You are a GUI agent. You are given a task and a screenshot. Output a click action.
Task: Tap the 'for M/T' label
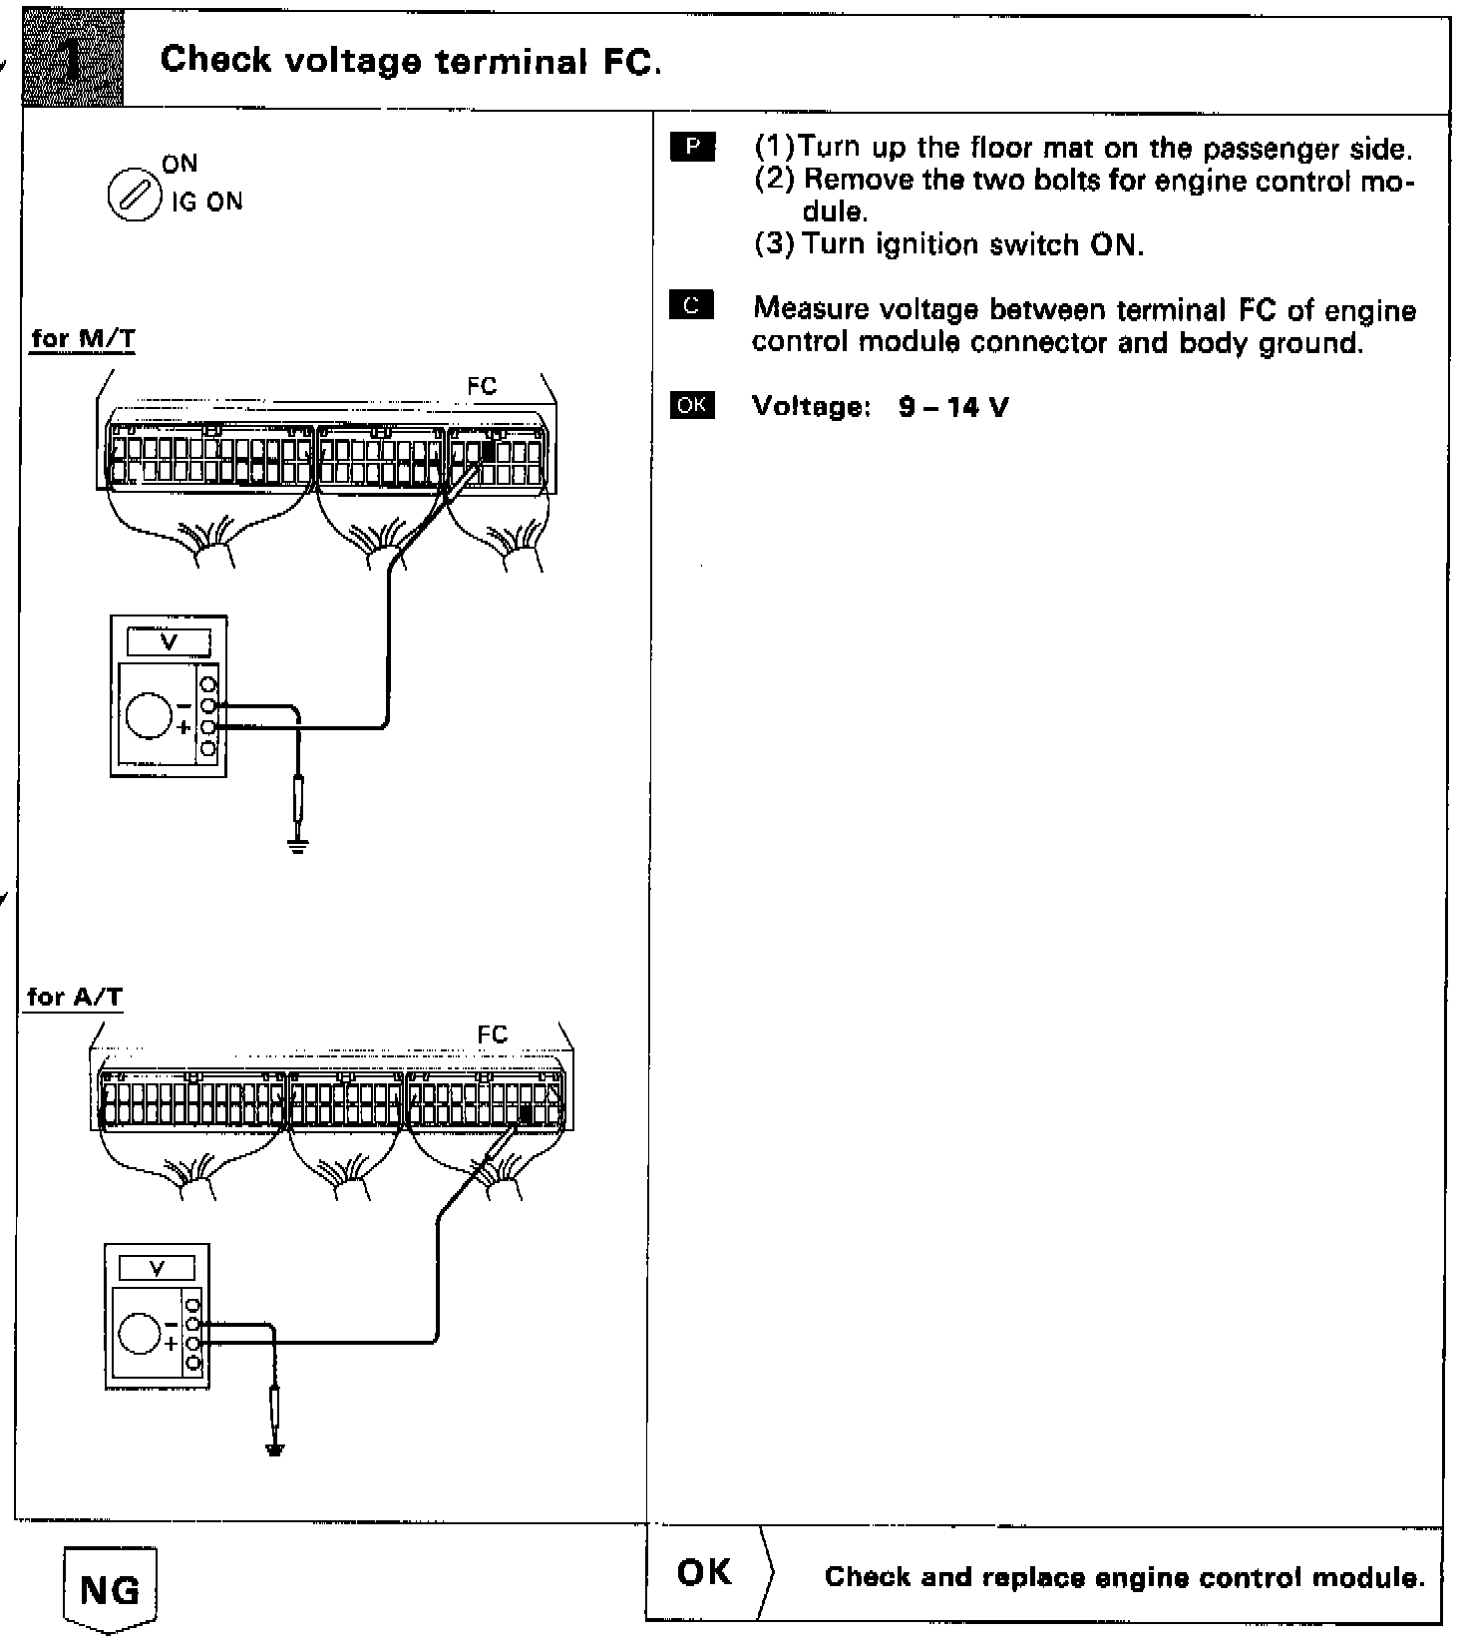point(84,339)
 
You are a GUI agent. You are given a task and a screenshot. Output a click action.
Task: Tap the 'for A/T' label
point(75,997)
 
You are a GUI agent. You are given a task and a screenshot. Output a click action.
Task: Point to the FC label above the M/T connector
point(482,386)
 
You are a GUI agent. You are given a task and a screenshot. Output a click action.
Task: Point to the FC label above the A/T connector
point(493,1034)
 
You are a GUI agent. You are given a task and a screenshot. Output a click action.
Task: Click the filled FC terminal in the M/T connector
point(489,450)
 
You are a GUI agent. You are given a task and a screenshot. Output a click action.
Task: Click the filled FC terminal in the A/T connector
point(526,1114)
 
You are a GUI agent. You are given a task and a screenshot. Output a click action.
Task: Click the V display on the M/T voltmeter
point(169,642)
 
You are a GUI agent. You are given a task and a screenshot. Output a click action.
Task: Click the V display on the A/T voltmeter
point(158,1268)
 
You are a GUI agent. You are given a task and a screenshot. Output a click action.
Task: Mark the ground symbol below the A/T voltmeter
point(276,1449)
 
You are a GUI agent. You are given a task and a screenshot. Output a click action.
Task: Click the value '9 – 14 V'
point(953,406)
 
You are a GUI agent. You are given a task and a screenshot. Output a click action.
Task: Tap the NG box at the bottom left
point(110,1589)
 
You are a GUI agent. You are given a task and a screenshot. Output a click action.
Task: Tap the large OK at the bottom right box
point(704,1573)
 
